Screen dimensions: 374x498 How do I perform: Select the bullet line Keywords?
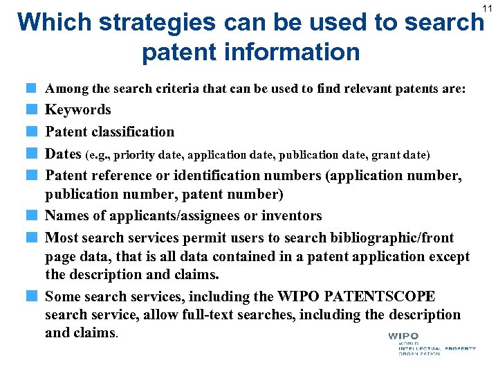(x=77, y=109)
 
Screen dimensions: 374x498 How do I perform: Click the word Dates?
(x=64, y=154)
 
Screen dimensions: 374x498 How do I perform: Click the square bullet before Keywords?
(x=32, y=109)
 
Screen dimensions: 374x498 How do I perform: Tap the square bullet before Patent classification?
(x=32, y=132)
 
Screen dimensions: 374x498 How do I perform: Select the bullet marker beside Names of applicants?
(x=32, y=216)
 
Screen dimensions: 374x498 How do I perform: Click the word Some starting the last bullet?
(x=62, y=296)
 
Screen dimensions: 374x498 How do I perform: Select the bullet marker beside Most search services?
(x=32, y=238)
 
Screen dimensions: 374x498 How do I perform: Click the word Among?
(x=66, y=89)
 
